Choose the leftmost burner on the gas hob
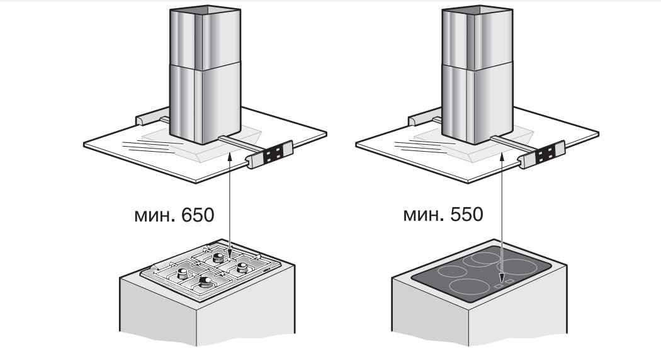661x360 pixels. (183, 273)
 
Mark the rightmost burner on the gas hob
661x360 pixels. (240, 268)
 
